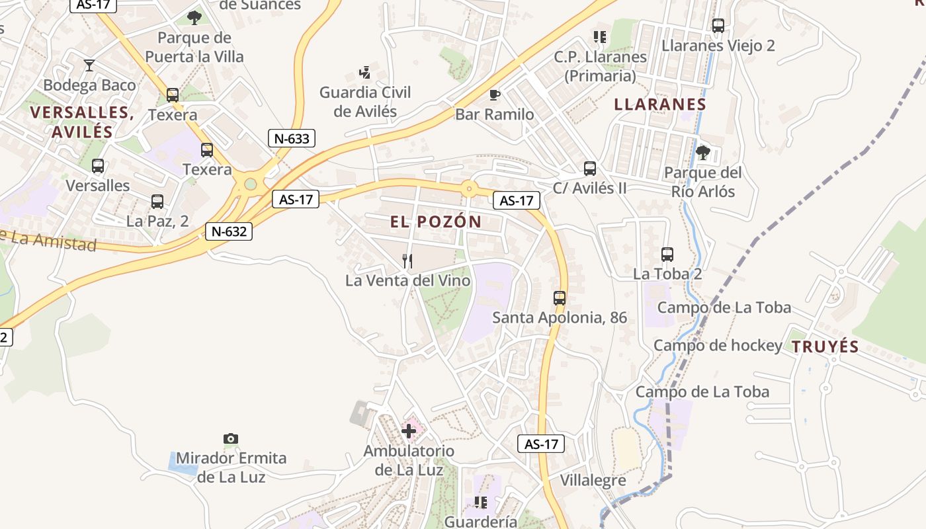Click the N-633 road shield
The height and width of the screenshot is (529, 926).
[291, 138]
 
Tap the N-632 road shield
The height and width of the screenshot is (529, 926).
[229, 231]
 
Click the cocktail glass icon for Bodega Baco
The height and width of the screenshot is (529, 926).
[89, 65]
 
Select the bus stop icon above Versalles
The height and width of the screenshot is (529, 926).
[98, 166]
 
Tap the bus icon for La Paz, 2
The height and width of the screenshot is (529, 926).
[157, 202]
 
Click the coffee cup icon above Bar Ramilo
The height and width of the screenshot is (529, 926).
[495, 95]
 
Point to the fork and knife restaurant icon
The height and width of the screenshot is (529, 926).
[407, 261]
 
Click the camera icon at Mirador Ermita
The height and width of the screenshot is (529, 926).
[230, 438]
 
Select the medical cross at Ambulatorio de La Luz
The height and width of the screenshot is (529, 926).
[409, 432]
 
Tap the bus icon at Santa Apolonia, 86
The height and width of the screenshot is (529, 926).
[560, 298]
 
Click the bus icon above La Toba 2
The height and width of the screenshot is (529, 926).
[667, 255]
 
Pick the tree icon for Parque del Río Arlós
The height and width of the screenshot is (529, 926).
[702, 153]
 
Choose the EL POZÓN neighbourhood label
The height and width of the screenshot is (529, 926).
[436, 222]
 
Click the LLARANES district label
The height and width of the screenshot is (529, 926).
[660, 104]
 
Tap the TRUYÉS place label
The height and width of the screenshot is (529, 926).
[825, 346]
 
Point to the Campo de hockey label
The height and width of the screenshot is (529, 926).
[718, 346]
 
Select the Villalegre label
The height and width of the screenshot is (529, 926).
[593, 481]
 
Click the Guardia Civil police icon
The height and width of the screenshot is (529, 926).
[364, 72]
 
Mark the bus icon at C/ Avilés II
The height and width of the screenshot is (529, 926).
[590, 169]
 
